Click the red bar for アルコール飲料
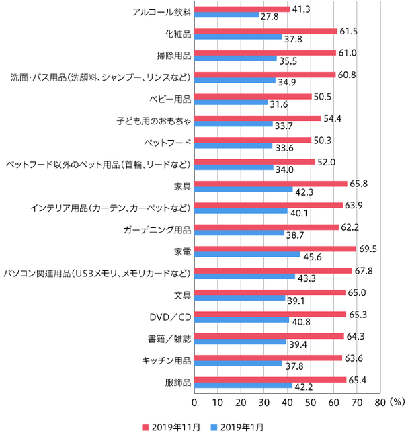[242, 9]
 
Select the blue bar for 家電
[247, 255]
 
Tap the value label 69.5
[367, 249]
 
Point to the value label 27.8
[270, 15]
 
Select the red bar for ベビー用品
[253, 96]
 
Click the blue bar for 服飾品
[243, 386]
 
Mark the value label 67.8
[363, 271]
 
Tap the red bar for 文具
[270, 292]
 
